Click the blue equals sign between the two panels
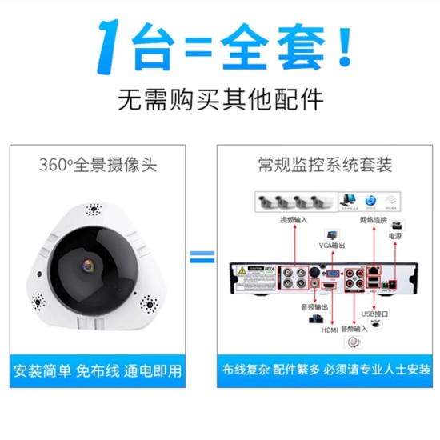pos(202,258)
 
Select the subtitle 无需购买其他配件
pos(221,100)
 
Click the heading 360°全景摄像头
pos(98,166)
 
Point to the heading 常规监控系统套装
pos(325,166)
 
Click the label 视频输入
pos(292,218)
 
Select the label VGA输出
pos(330,245)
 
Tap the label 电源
pos(395,236)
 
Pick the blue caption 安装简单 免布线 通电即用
pos(98,371)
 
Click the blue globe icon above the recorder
pos(370,200)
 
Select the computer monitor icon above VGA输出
pos(347,200)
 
